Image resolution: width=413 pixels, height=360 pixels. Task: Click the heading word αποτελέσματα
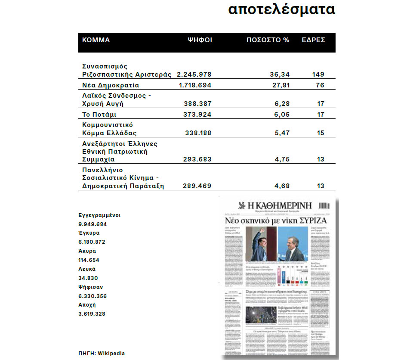pyautogui.click(x=281, y=10)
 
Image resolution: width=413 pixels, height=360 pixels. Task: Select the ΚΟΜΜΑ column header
pyautogui.click(x=96, y=40)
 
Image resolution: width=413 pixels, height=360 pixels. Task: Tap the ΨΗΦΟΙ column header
pyautogui.click(x=200, y=40)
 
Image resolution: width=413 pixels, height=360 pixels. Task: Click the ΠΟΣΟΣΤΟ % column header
pyautogui.click(x=268, y=40)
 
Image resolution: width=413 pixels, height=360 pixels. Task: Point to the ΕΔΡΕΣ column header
pyautogui.click(x=313, y=40)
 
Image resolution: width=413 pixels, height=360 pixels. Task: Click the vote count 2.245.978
pyautogui.click(x=194, y=74)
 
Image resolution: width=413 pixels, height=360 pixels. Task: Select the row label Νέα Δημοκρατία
pyautogui.click(x=111, y=85)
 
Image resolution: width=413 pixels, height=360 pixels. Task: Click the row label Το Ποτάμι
pyautogui.click(x=99, y=115)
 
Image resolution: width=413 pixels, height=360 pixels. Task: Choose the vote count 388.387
pyautogui.click(x=197, y=104)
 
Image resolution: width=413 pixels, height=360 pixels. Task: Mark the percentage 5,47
pyautogui.click(x=282, y=133)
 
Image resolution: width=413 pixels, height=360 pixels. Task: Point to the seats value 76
pyautogui.click(x=320, y=85)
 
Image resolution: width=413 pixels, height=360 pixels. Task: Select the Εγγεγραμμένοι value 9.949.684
pyautogui.click(x=92, y=224)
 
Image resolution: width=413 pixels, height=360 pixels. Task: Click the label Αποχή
pyautogui.click(x=87, y=305)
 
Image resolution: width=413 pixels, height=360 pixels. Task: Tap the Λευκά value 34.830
pyautogui.click(x=89, y=278)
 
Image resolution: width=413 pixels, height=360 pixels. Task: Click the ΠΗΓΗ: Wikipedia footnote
pyautogui.click(x=102, y=353)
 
